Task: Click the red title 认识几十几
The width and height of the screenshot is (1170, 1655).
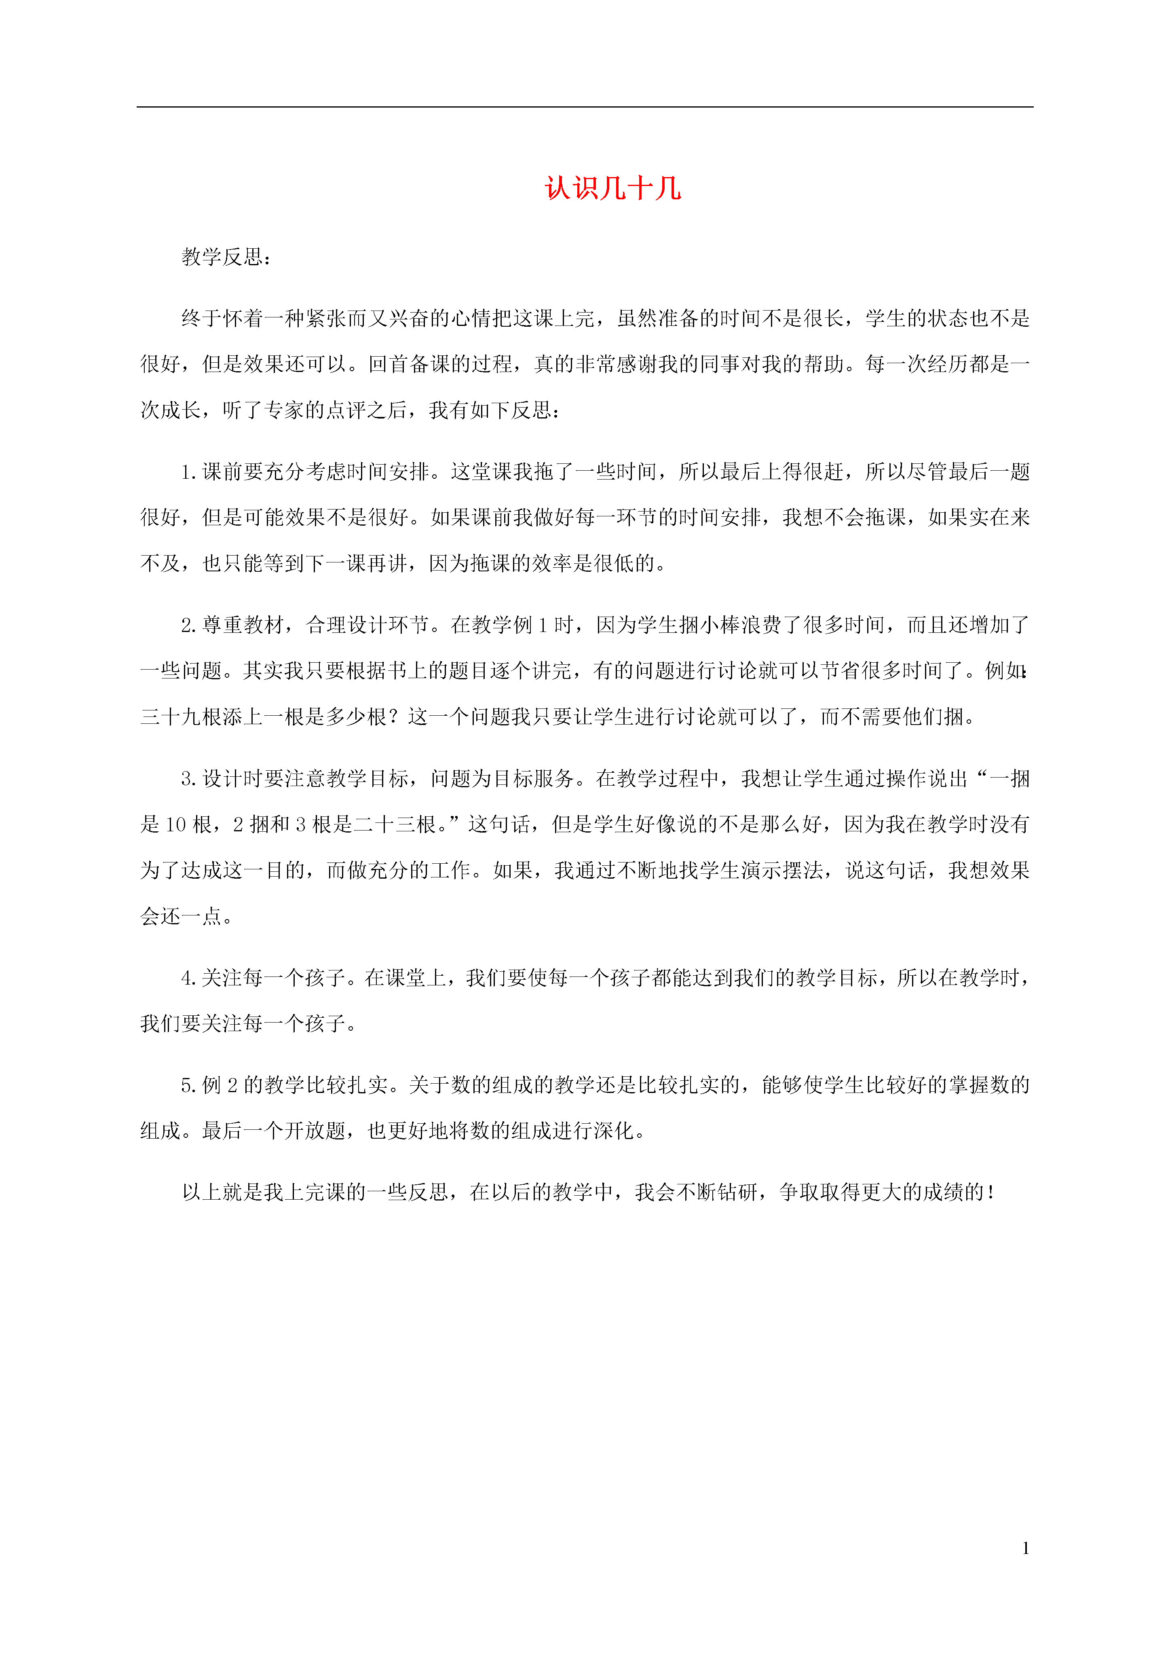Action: click(613, 189)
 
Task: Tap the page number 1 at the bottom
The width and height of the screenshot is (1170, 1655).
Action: click(1025, 1547)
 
